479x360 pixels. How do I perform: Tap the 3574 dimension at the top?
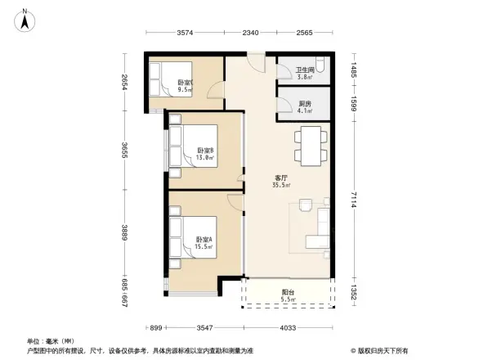point(185,33)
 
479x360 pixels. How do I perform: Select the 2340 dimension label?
point(250,33)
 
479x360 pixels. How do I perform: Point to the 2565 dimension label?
point(304,33)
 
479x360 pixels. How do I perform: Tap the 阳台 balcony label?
point(288,294)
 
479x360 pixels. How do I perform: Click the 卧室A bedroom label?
point(204,241)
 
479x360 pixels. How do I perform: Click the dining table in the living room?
point(311,144)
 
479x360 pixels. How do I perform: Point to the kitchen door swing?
point(283,104)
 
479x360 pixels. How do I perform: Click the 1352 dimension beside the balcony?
point(355,292)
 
